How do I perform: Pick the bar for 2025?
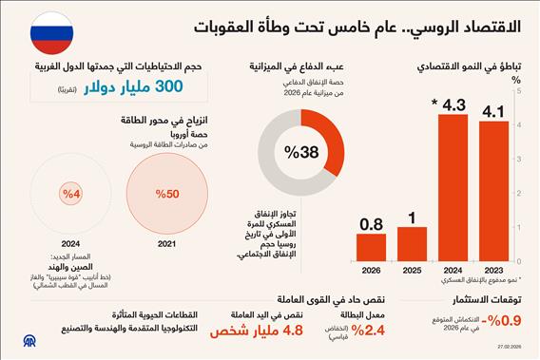(411, 248)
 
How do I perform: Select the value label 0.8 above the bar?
(370, 224)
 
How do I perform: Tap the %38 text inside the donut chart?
(294, 152)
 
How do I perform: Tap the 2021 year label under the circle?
(166, 244)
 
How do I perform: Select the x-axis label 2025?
(411, 270)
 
